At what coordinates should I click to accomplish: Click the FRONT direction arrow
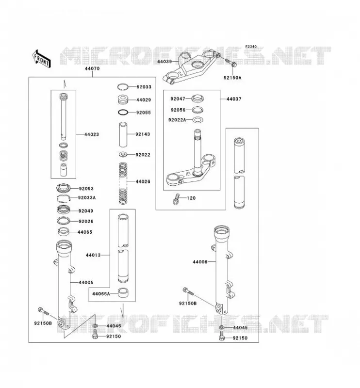42,59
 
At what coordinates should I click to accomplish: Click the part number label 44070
92,68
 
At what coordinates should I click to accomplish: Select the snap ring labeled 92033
123,87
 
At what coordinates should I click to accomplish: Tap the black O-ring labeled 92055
123,113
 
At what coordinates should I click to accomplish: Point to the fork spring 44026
123,183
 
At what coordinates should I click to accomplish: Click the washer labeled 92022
123,155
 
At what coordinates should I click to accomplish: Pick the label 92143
143,134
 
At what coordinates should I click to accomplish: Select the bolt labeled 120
176,199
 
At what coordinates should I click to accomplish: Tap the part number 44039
164,62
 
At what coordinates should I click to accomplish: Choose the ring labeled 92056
197,110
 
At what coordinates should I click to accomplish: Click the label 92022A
177,120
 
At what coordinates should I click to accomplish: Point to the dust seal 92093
64,188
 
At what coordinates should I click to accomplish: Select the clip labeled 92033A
64,199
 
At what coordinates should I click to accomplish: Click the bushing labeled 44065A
123,292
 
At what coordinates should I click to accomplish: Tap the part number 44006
200,262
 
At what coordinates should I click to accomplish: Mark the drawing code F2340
251,47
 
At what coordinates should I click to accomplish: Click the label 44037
234,99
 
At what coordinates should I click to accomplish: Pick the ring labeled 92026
64,221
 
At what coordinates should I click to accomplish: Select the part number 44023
92,134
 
